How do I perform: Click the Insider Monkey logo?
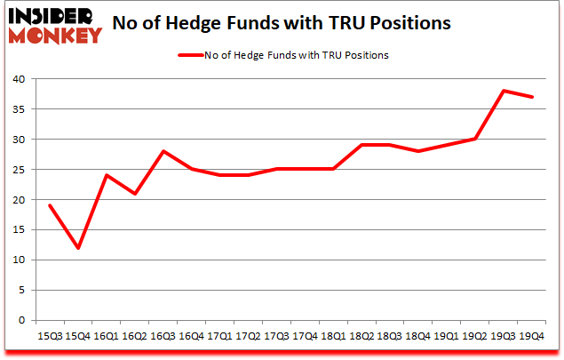pyautogui.click(x=55, y=25)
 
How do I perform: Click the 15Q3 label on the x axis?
pyautogui.click(x=49, y=337)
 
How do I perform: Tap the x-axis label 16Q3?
pyautogui.click(x=163, y=337)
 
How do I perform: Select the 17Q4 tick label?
pyautogui.click(x=306, y=337)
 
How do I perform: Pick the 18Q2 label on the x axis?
pyautogui.click(x=363, y=337)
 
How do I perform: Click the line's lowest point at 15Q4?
pyautogui.click(x=77, y=248)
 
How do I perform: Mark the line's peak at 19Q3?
pyautogui.click(x=504, y=91)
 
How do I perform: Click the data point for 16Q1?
pyautogui.click(x=107, y=175)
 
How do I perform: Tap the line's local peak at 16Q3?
pyautogui.click(x=163, y=151)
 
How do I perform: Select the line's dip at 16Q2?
pyautogui.click(x=135, y=194)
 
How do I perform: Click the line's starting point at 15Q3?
pyautogui.click(x=49, y=205)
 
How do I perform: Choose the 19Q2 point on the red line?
pyautogui.click(x=476, y=139)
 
